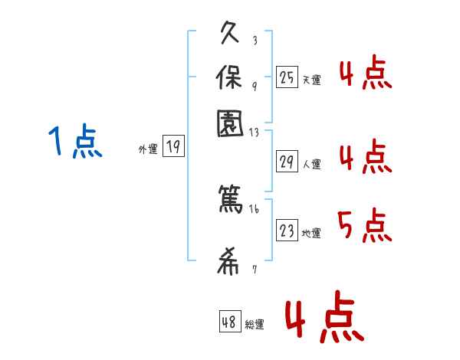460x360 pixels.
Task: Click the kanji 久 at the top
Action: point(231,34)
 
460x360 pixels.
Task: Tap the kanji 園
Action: point(230,123)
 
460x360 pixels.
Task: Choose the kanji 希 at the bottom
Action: point(230,263)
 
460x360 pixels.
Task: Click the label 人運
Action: point(311,164)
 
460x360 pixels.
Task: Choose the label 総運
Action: point(254,325)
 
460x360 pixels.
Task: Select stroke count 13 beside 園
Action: point(255,133)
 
